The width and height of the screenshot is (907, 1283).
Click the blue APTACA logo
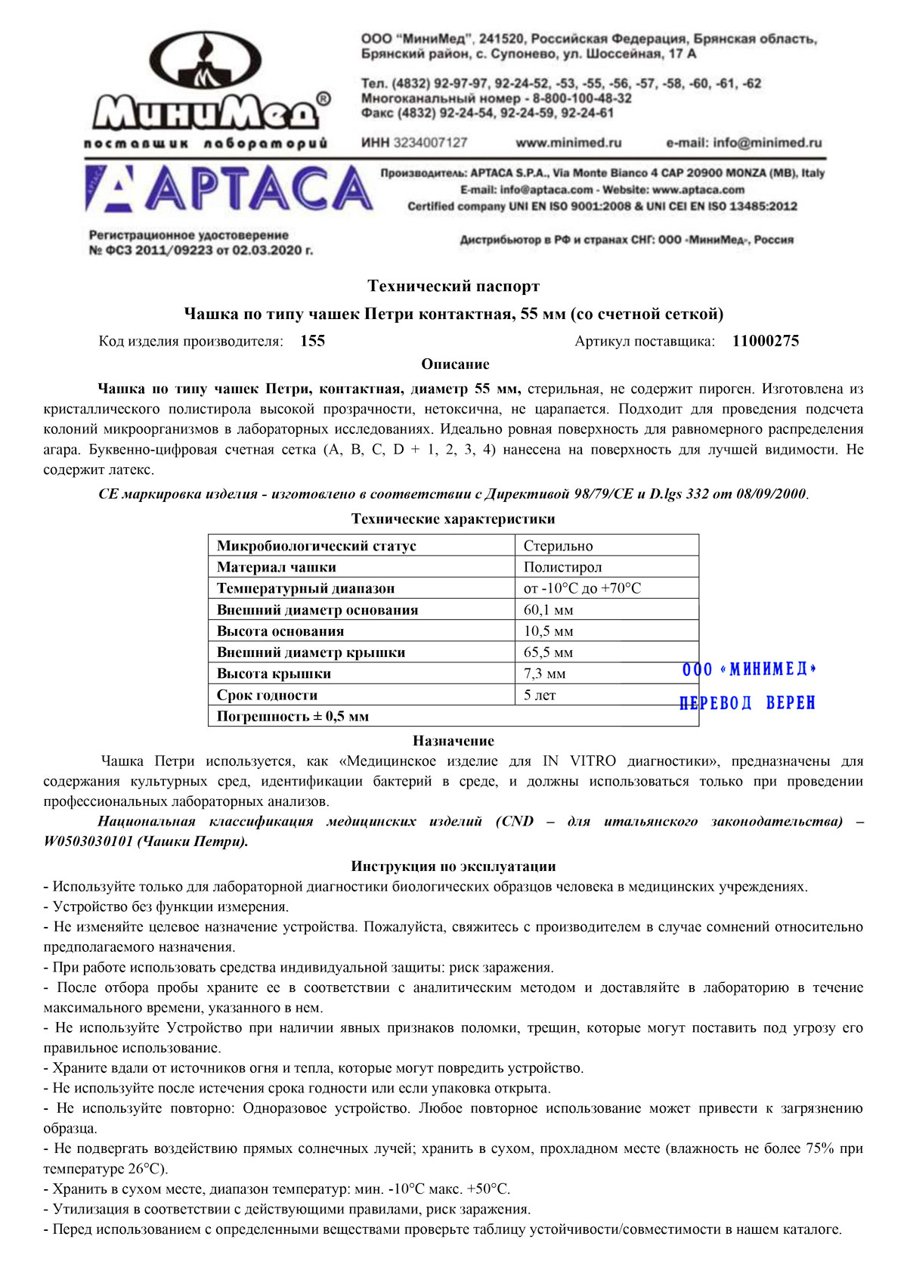click(x=228, y=189)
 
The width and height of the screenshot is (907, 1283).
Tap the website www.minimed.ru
click(x=568, y=143)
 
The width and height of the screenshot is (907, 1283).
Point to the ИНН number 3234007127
click(x=431, y=143)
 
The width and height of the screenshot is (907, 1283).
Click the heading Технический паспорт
click(x=453, y=287)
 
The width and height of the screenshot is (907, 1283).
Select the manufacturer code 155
click(x=312, y=341)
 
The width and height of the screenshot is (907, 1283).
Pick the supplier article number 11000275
click(x=765, y=341)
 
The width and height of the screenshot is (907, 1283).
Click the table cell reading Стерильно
click(x=558, y=546)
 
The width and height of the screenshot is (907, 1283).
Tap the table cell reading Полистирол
click(x=562, y=567)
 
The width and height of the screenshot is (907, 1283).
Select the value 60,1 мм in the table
click(x=548, y=610)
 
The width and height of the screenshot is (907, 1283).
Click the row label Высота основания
click(x=280, y=631)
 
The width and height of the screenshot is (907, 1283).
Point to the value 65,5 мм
click(x=548, y=652)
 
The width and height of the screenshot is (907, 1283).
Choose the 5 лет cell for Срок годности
click(x=540, y=696)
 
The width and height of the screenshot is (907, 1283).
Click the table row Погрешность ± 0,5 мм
click(x=293, y=717)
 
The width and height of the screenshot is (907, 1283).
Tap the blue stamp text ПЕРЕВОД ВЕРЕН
click(x=748, y=703)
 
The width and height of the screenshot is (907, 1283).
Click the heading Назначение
click(x=453, y=741)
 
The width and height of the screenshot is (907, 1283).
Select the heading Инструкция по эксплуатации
click(x=453, y=866)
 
